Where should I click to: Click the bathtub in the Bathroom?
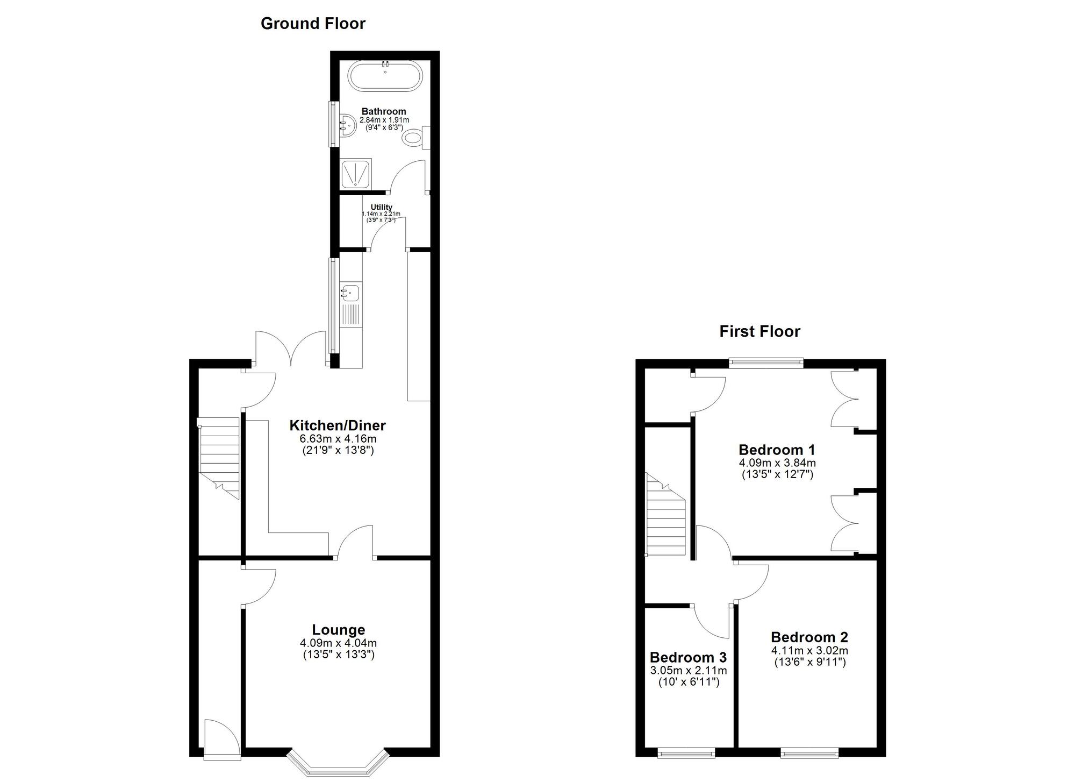click(385, 76)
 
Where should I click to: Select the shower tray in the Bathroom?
click(356, 174)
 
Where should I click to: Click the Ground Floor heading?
click(313, 24)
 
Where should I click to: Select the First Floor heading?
click(759, 331)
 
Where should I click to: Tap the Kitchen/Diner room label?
click(338, 425)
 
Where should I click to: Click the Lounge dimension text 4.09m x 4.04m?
click(338, 643)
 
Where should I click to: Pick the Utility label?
click(381, 207)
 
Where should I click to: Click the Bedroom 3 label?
click(688, 657)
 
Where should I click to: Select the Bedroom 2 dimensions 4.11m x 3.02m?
click(809, 651)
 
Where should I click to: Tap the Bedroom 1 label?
click(777, 450)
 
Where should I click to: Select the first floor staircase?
click(666, 516)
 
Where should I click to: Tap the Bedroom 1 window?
click(766, 364)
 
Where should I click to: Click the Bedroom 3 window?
click(686, 753)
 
